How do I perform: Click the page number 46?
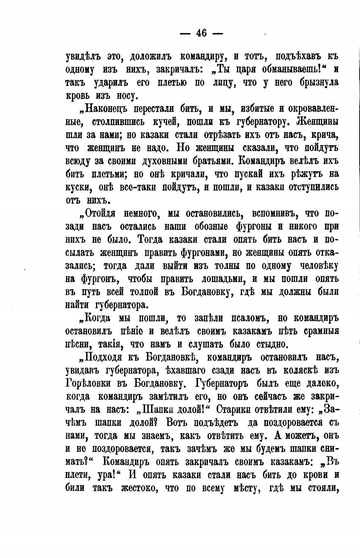(201, 33)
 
